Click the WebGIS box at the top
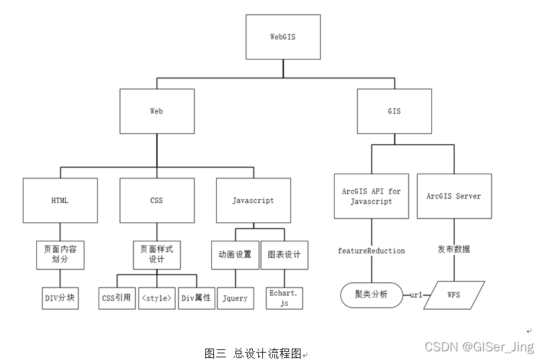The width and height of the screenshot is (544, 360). (282, 37)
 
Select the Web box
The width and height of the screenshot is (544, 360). (156, 111)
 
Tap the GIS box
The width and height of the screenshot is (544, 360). (394, 111)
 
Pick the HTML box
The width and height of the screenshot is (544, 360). (60, 200)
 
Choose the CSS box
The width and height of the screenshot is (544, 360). (156, 200)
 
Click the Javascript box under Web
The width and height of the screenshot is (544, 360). (253, 200)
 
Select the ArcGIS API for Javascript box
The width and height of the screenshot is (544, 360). (371, 196)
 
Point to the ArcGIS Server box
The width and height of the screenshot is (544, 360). (454, 196)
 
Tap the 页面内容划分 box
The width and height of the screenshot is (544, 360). (60, 255)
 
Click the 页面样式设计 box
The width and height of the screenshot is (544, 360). (156, 255)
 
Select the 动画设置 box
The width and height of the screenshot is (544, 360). (235, 255)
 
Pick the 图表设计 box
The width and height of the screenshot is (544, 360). (284, 255)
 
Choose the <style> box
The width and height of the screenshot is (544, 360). (156, 298)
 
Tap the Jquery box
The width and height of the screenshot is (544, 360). (235, 298)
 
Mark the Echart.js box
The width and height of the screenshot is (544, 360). (284, 298)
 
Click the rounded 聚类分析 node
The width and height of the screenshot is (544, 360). (371, 294)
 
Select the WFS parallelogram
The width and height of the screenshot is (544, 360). (454, 294)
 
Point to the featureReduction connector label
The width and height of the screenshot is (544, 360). (371, 251)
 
